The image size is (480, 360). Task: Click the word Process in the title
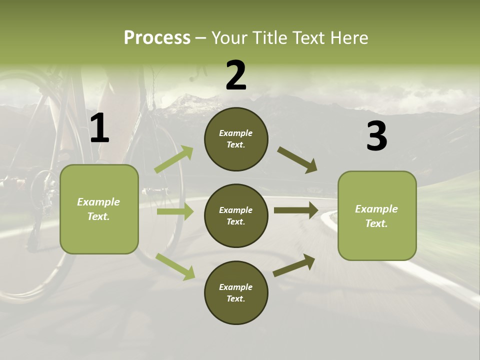157,38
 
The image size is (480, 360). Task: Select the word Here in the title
348,38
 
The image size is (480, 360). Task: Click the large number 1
99,129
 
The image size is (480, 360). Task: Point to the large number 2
236,75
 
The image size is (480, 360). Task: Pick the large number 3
376,136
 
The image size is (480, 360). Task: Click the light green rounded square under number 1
99,209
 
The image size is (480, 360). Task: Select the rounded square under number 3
377,215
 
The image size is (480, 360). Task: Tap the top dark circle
236,139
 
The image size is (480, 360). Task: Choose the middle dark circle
236,215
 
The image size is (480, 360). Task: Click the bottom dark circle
236,292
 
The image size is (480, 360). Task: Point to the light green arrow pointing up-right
173,159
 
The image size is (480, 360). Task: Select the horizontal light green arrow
175,211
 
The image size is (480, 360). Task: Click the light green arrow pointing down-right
175,266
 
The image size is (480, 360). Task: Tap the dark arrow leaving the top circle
297,160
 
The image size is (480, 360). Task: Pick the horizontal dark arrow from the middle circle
296,210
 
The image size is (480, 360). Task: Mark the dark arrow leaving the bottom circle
294,265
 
